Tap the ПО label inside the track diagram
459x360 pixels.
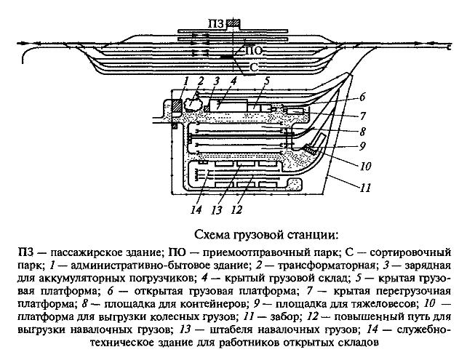pyautogui.click(x=252, y=52)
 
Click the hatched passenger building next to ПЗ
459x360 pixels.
pyautogui.click(x=231, y=23)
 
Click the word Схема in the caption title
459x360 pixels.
pyautogui.click(x=216, y=234)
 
